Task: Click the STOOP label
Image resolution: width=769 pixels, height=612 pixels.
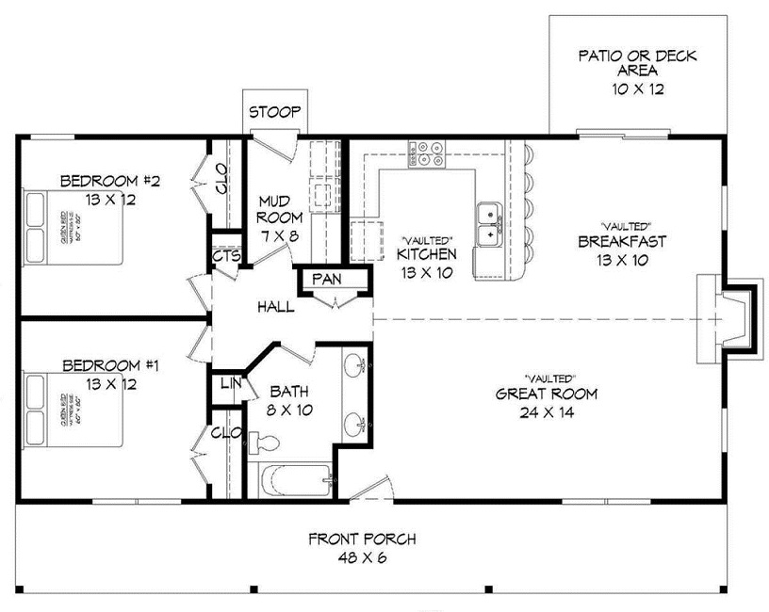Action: click(274, 113)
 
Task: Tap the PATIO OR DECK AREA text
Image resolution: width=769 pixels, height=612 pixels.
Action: click(637, 63)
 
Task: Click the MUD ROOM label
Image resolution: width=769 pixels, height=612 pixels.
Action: click(279, 210)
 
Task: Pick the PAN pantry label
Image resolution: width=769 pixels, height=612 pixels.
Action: click(326, 280)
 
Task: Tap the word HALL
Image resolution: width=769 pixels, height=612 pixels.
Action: click(274, 307)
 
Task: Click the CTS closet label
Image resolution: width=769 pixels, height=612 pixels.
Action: click(223, 255)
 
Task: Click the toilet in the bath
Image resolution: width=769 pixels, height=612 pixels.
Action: click(265, 443)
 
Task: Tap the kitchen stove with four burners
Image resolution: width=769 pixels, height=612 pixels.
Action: click(427, 153)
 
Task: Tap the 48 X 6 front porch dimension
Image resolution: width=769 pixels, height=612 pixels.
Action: click(362, 557)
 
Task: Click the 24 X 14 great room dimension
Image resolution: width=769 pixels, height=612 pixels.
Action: click(546, 411)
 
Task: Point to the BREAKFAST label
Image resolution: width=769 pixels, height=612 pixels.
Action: click(621, 242)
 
